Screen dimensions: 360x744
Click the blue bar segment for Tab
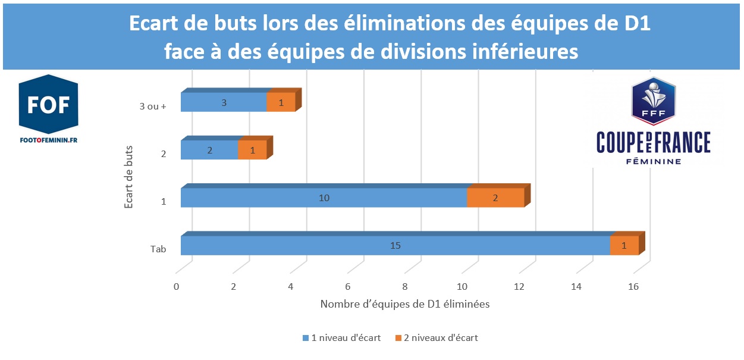click(395, 245)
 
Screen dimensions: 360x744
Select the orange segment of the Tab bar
click(624, 245)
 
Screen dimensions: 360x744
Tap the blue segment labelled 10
click(324, 198)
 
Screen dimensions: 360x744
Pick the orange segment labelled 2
click(495, 198)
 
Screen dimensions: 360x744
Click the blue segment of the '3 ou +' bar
click(224, 102)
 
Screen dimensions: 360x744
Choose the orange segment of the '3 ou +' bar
click(281, 102)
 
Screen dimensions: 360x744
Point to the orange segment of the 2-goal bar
click(252, 150)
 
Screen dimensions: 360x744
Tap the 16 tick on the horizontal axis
click(633, 287)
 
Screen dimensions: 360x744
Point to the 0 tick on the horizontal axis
click(176, 287)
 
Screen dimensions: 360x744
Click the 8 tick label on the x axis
click(404, 287)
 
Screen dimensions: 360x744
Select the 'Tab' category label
click(158, 249)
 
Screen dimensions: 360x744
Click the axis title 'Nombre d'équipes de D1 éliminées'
click(404, 304)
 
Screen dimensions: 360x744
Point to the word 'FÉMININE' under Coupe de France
click(654, 161)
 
